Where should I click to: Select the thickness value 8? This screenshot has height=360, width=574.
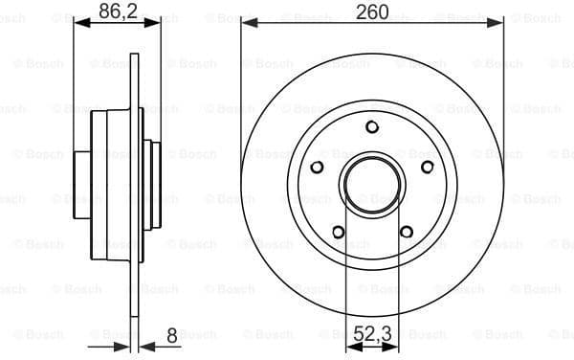pos(171,336)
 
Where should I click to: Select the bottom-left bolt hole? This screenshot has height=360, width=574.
pos(337,231)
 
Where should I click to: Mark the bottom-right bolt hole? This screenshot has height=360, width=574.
pos(406,231)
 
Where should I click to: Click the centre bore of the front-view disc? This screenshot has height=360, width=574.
pos(371,182)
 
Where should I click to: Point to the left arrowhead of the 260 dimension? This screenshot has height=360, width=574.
pos(247,23)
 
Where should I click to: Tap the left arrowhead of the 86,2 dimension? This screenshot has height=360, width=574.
pos(79,23)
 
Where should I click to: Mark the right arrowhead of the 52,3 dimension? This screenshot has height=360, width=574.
pos(394,349)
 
